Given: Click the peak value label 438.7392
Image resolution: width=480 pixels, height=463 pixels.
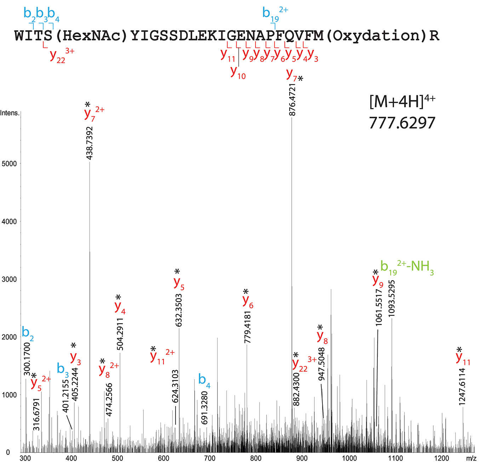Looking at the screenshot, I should point(90,143).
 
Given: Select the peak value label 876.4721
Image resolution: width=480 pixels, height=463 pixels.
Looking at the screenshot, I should point(292,100).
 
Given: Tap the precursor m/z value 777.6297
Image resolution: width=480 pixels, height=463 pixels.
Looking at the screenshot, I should point(402,123).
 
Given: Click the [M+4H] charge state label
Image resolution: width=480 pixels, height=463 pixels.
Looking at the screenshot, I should point(402,102).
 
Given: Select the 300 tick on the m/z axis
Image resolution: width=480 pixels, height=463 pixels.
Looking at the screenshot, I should point(25,458).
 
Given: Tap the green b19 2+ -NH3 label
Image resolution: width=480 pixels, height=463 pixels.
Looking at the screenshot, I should point(407,266).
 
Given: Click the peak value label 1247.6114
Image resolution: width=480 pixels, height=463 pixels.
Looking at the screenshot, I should point(462,387).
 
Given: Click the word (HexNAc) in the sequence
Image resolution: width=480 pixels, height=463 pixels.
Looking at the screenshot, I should point(92,36).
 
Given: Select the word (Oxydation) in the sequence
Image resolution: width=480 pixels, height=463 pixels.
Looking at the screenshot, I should point(376,36).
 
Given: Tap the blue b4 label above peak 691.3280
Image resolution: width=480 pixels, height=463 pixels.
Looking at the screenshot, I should point(204,380).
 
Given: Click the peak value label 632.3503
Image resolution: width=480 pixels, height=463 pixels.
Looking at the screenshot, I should point(179,310).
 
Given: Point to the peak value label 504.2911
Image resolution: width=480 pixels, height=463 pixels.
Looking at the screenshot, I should point(120,334).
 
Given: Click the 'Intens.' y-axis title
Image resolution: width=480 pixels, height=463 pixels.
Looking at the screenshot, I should point(10,113).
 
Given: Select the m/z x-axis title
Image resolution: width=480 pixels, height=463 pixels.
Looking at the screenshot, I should point(471,458).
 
